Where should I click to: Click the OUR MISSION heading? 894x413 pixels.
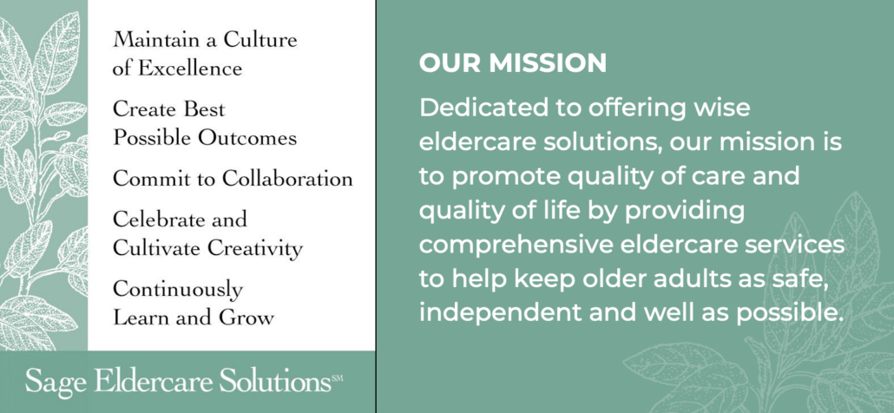[513, 63]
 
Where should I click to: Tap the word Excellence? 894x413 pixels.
[190, 69]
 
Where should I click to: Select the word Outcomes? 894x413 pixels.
[247, 138]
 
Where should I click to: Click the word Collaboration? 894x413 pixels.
[287, 179]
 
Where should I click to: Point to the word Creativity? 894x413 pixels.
[254, 248]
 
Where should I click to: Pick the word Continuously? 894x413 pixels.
[178, 290]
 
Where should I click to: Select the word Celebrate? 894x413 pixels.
[153, 219]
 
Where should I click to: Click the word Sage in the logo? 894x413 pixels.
[56, 381]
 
